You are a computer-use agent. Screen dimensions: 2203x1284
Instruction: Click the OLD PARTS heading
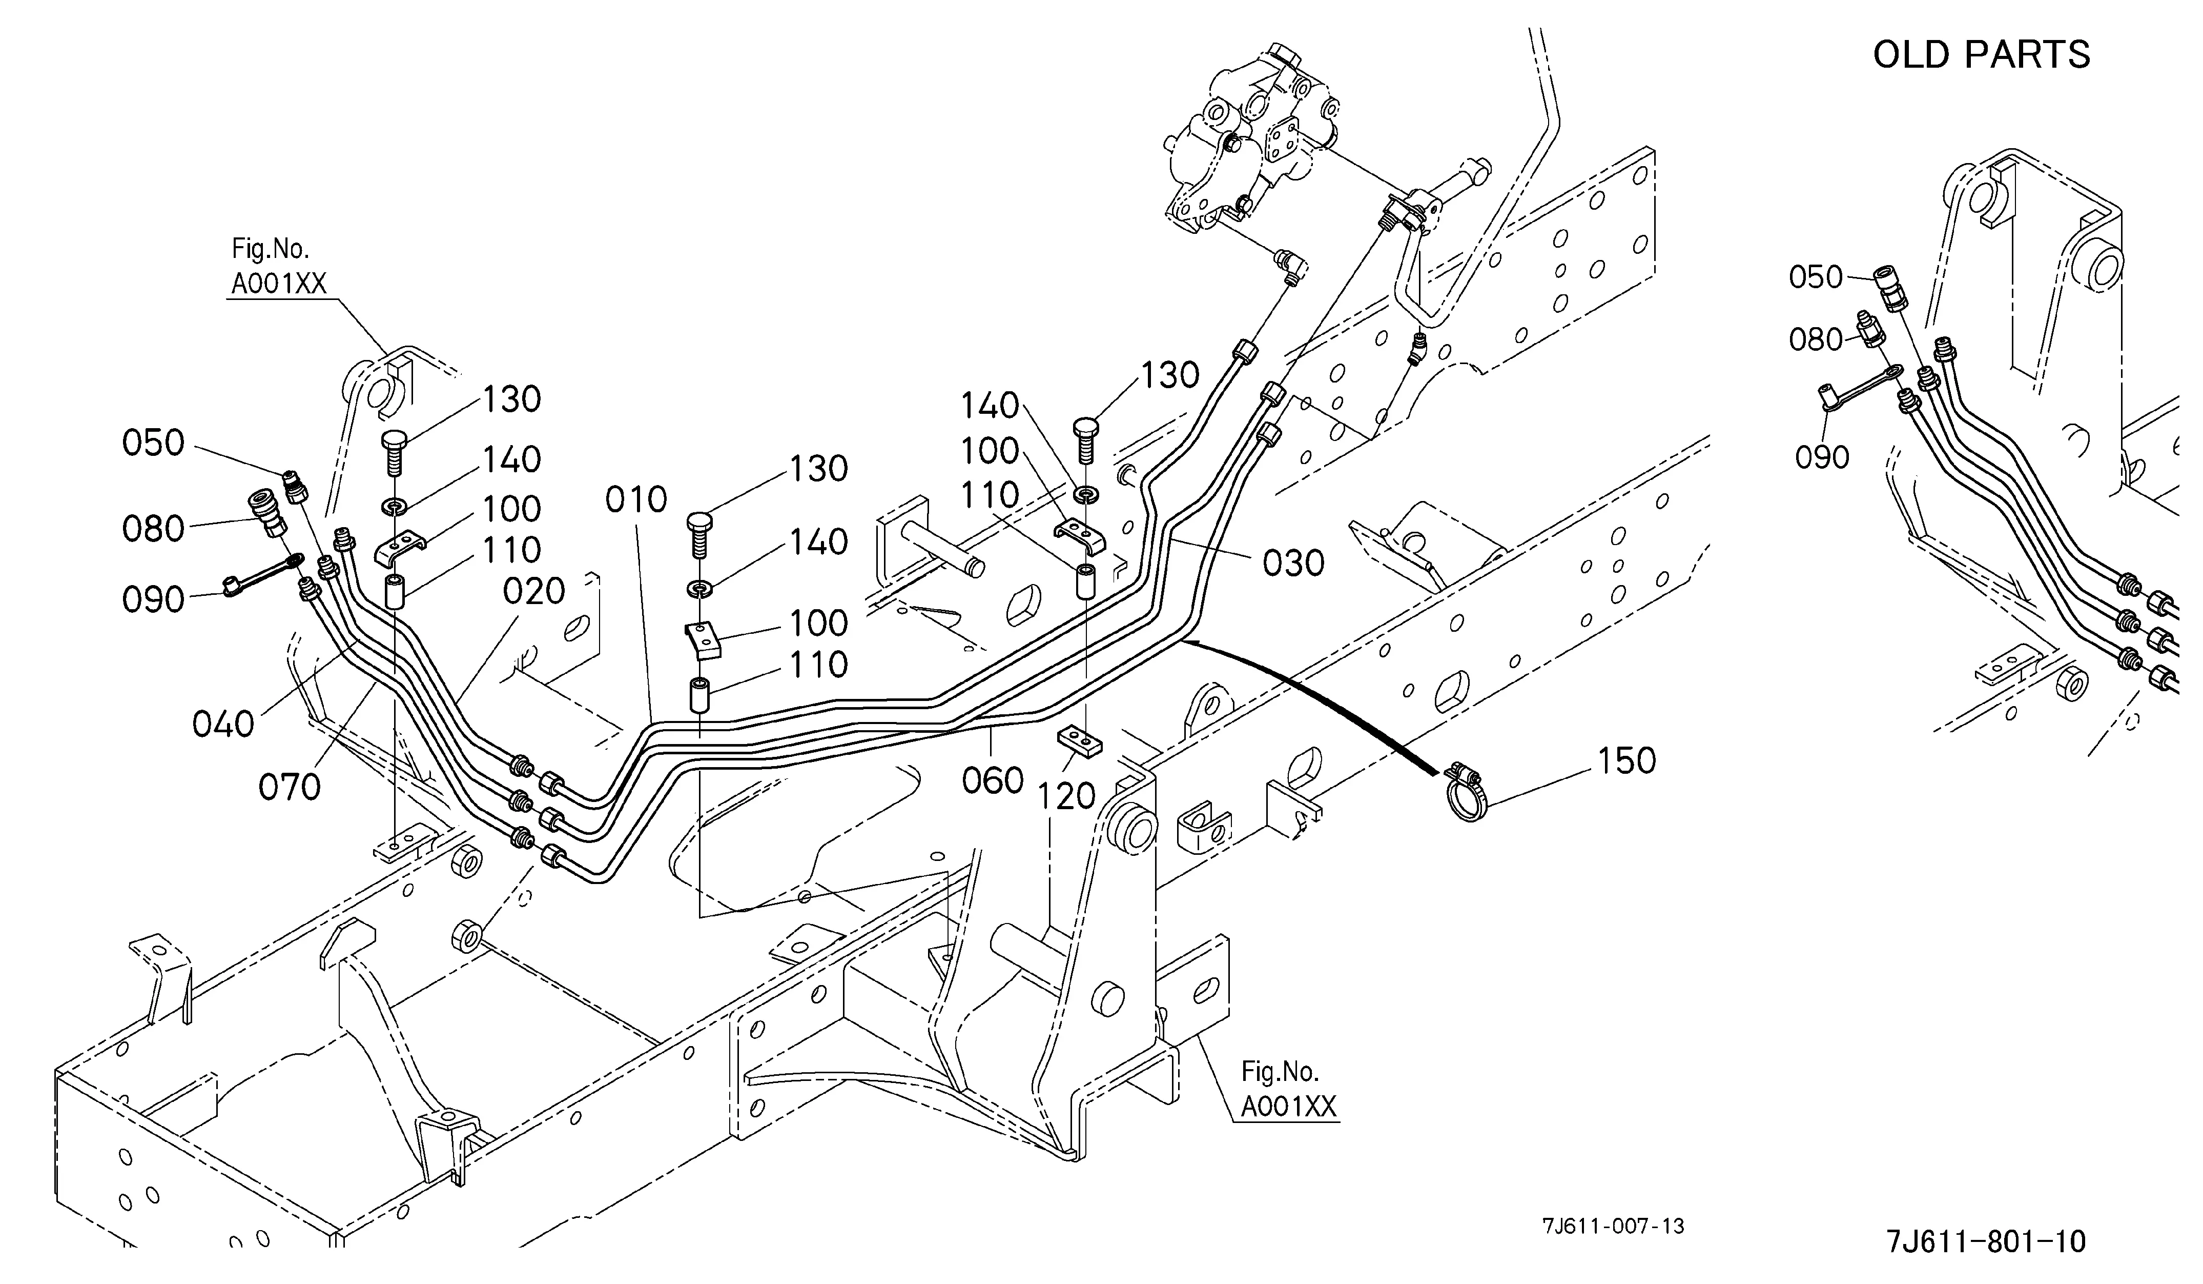(1981, 54)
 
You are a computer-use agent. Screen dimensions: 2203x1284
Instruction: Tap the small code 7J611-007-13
(1613, 1226)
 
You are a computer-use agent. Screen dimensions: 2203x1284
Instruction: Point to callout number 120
(1066, 795)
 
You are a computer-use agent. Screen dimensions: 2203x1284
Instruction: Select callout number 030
(1294, 563)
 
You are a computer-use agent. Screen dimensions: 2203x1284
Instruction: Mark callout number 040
(223, 724)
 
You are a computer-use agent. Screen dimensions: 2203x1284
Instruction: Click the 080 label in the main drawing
(153, 528)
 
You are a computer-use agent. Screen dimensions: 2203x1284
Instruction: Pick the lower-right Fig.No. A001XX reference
(1289, 1090)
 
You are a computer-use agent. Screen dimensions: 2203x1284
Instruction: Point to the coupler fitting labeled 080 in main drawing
(265, 514)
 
